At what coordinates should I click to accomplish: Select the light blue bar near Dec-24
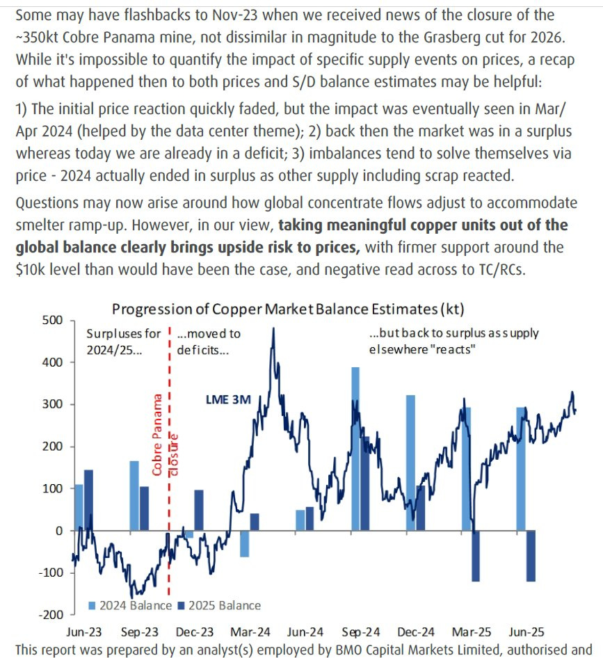coord(410,463)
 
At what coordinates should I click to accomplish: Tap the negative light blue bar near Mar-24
coord(244,543)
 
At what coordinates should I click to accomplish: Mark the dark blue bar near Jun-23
coord(88,500)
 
